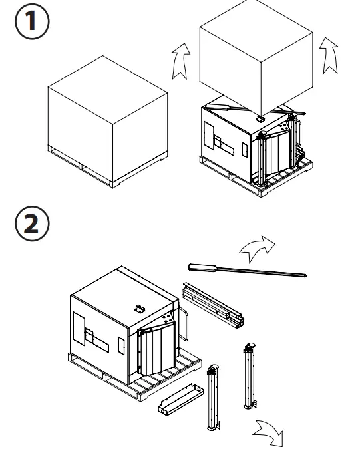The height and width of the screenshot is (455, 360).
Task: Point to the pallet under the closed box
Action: (106, 174)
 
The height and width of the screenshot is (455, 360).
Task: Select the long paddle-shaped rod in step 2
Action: (246, 269)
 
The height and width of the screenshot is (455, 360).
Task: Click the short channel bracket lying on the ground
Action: (180, 402)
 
